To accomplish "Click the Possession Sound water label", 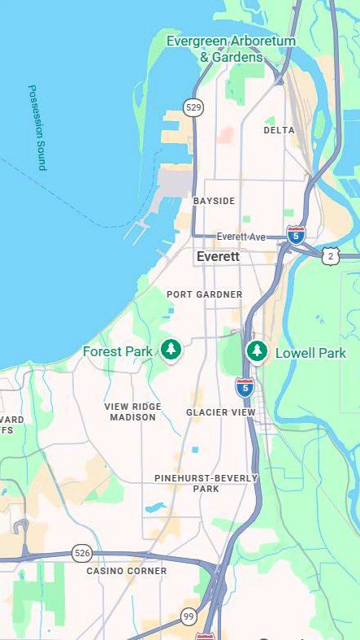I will pos(37,127).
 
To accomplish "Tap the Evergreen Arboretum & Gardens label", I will pos(231,49).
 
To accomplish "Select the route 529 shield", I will pos(193,107).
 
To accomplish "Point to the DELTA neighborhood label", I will pos(279,130).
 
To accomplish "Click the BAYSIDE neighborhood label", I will pos(214,201).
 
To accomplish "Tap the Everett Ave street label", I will pos(241,237).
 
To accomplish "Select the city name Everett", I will pos(218,256).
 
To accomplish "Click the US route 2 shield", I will pos(329,256).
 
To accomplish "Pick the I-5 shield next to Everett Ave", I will pos(297,236).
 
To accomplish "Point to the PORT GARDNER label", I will pos(204,294).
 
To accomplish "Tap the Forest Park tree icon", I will pos(170,350).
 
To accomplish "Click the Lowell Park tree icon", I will pos(257,350).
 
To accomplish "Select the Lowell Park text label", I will pos(310,353).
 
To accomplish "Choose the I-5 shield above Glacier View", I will pos(245,387).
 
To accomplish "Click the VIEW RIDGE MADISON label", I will pos(132,411).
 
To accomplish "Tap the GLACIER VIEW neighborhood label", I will pos(221,412).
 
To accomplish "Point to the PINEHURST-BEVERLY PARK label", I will pos(206,483).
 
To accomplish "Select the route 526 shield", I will pos(81,552).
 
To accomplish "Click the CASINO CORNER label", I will pos(127,571).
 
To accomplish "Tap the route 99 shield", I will pos(188,616).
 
